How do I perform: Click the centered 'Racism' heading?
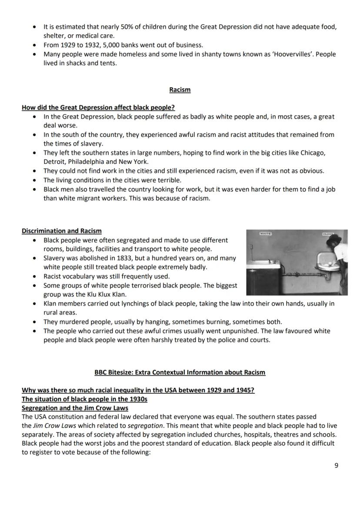180,90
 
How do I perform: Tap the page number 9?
336,465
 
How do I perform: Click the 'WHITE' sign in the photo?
265,234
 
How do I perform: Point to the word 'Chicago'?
313,153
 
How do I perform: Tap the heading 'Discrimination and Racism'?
62,231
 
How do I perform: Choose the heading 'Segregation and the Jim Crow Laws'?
75,408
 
